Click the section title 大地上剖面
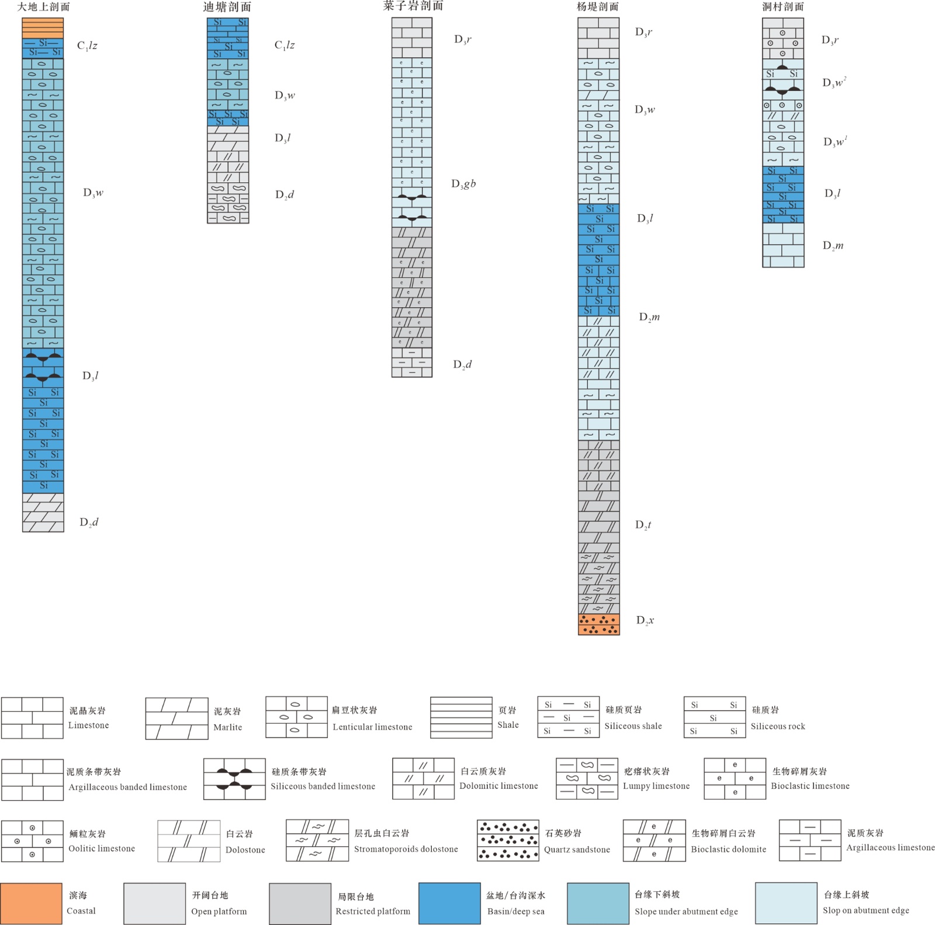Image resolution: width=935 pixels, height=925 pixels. (x=43, y=7)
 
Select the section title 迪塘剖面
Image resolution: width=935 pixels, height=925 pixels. (x=227, y=7)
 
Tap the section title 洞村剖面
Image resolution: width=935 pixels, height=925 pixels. (x=782, y=7)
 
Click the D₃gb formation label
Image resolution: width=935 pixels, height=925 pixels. (x=463, y=184)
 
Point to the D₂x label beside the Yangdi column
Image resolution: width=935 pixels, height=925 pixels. (x=645, y=620)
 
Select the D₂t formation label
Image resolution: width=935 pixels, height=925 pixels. (x=643, y=525)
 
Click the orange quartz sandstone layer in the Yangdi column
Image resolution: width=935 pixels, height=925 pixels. (x=598, y=624)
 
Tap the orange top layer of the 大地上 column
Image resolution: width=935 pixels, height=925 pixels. (x=43, y=28)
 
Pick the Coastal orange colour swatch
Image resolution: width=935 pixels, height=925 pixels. (x=32, y=903)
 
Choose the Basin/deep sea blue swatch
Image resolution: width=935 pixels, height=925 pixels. (x=449, y=903)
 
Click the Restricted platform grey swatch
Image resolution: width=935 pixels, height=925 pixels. (x=300, y=903)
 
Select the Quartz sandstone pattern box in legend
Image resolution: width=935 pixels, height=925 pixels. (x=508, y=840)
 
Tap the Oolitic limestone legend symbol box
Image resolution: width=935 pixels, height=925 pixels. (x=32, y=841)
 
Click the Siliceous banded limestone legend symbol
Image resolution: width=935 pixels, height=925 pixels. (x=234, y=779)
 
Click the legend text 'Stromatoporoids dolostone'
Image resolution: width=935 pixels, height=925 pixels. (x=406, y=849)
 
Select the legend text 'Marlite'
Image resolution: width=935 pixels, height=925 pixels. (x=228, y=727)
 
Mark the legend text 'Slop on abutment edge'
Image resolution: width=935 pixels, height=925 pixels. (x=866, y=910)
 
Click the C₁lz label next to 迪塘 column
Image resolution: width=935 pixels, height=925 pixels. (x=285, y=46)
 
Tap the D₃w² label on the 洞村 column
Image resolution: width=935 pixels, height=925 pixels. (x=834, y=82)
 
